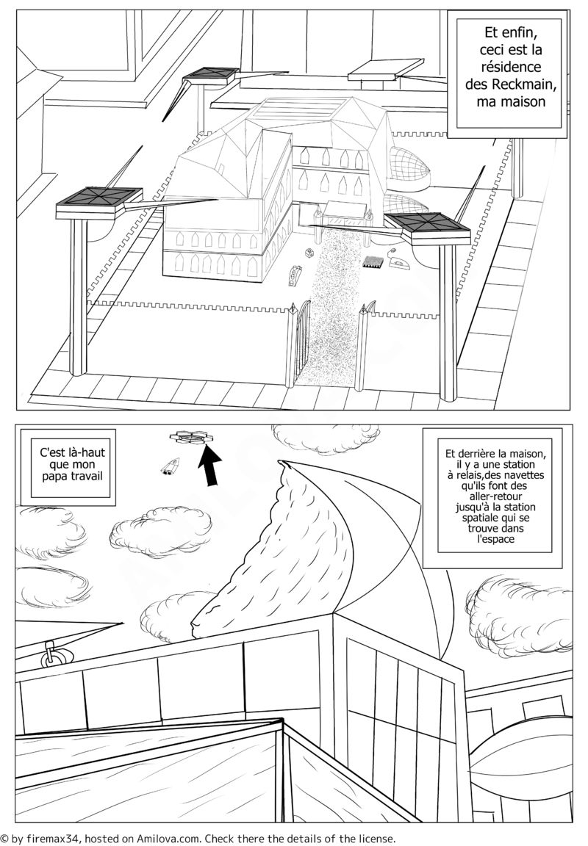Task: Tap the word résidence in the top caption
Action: click(x=510, y=67)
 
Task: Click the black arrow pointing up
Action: click(x=210, y=464)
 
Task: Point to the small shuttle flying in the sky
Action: click(x=170, y=466)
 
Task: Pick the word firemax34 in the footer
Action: click(x=53, y=838)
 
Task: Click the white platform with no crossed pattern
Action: click(x=386, y=70)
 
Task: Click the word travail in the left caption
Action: click(x=88, y=476)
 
